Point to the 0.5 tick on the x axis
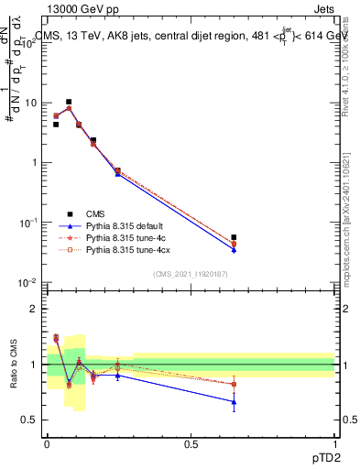(x=191, y=443)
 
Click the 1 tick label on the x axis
(x=335, y=443)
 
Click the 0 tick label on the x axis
(x=47, y=443)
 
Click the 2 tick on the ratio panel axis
(x=34, y=309)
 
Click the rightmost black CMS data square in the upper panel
(x=235, y=237)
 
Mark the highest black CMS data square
(x=69, y=102)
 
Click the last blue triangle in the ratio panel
(x=235, y=401)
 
